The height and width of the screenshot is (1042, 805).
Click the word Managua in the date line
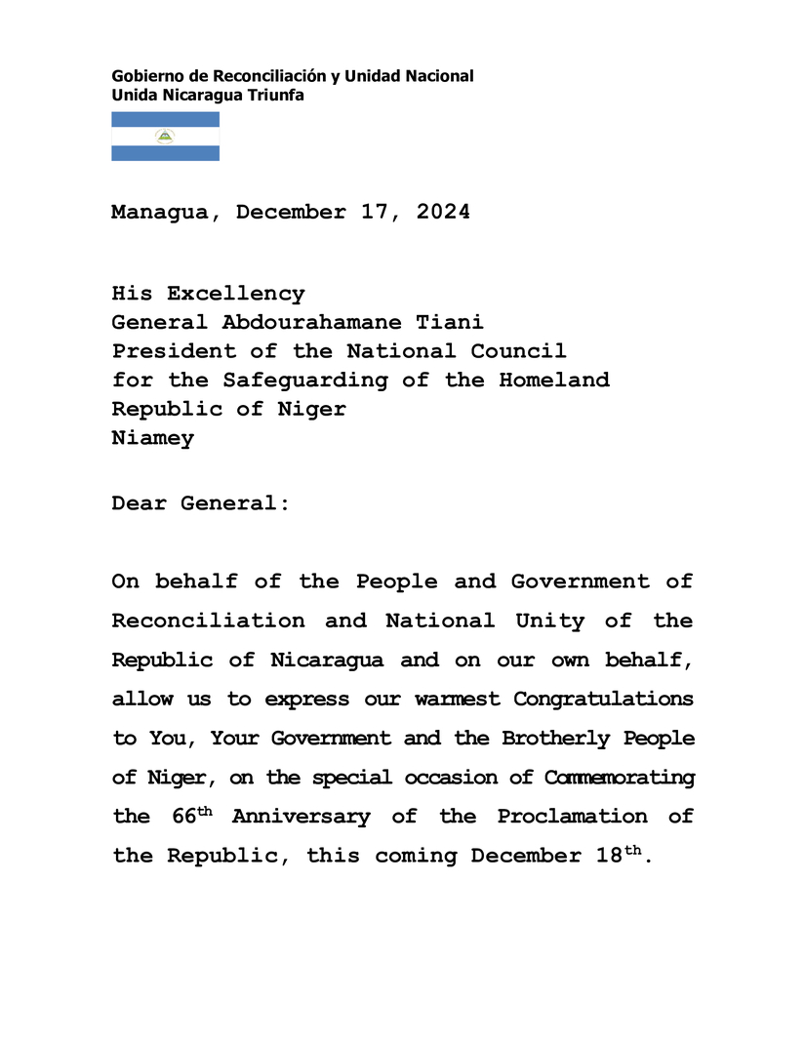point(159,212)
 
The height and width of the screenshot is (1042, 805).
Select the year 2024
point(443,212)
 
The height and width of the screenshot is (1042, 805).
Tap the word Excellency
point(235,294)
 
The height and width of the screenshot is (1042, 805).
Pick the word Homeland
point(554,380)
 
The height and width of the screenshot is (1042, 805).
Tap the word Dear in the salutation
point(139,503)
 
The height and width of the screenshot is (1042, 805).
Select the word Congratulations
point(603,700)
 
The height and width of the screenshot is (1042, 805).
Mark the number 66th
point(191,816)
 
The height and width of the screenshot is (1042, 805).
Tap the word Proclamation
point(572,817)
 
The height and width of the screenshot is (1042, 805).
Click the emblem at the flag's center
point(165,137)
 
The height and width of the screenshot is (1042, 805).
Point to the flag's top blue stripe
point(165,119)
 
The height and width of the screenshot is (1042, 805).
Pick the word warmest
point(456,700)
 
